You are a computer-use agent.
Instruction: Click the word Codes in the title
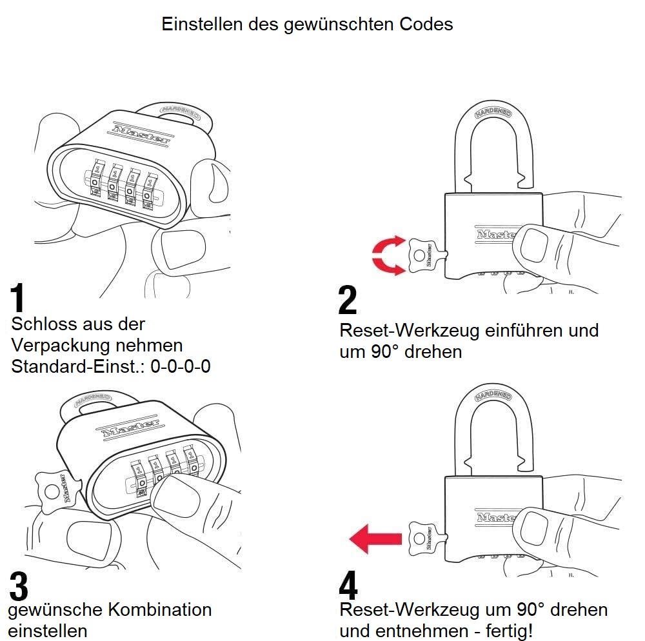click(x=426, y=24)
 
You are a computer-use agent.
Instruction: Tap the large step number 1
click(x=19, y=299)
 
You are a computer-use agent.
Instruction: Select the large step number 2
click(x=348, y=301)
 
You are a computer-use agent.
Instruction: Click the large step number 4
click(x=348, y=586)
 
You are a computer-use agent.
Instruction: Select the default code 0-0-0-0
click(x=180, y=367)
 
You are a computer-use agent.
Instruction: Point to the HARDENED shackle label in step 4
click(x=493, y=395)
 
